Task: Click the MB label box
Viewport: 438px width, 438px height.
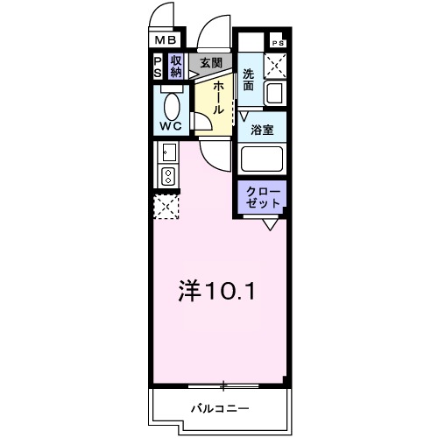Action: [x=166, y=39]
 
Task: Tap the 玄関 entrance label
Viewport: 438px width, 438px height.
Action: [x=210, y=63]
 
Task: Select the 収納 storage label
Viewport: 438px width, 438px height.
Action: [x=176, y=66]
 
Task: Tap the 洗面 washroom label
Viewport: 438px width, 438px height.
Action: [x=250, y=81]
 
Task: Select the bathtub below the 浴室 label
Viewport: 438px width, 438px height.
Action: [x=264, y=159]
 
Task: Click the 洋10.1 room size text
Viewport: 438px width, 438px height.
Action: [x=219, y=290]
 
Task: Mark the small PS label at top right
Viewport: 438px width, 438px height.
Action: [x=278, y=43]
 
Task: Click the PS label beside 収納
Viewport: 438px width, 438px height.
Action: [x=158, y=66]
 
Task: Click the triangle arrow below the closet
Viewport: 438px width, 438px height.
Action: [x=270, y=224]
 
